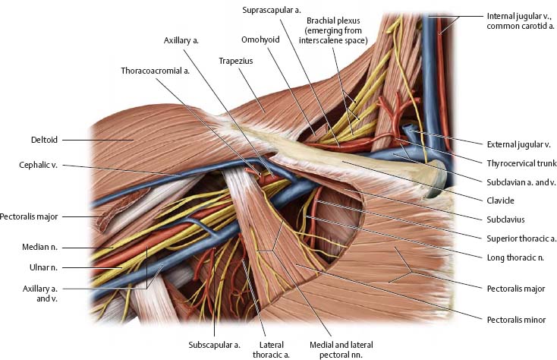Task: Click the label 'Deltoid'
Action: (x=40, y=140)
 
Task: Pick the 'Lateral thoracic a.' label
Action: (x=266, y=349)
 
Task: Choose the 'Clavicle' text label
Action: (x=500, y=201)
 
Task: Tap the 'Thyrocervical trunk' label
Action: (x=521, y=163)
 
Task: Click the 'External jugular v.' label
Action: (x=516, y=144)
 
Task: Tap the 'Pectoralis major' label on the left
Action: (x=29, y=216)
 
